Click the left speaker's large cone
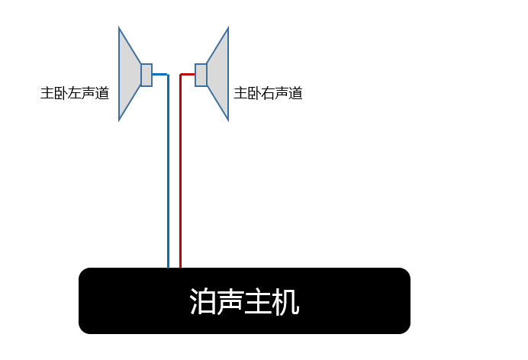click(x=130, y=74)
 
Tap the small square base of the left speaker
click(x=146, y=75)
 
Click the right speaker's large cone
click(x=217, y=74)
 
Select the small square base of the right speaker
click(x=201, y=75)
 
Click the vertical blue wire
click(x=168, y=172)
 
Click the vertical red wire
click(x=181, y=172)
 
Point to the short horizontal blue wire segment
click(x=160, y=74)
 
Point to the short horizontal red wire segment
click(x=187, y=74)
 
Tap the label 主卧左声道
click(x=75, y=93)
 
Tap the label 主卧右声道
click(x=268, y=93)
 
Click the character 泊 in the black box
click(x=203, y=301)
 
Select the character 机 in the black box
click(x=285, y=301)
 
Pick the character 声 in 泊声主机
click(x=230, y=301)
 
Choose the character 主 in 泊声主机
click(x=258, y=301)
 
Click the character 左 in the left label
click(x=75, y=93)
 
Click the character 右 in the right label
click(x=268, y=93)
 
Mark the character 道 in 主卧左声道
click(x=102, y=93)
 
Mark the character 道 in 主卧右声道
click(x=295, y=93)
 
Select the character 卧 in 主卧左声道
click(x=61, y=93)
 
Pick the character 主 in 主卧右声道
click(x=240, y=93)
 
